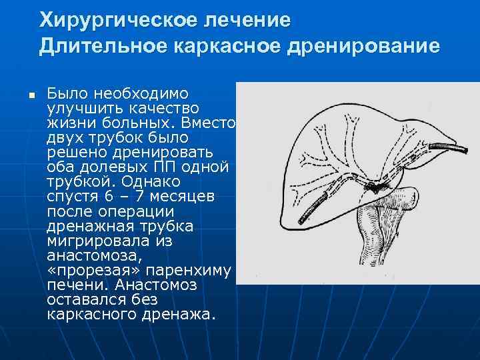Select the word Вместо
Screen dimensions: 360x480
tap(214, 123)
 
